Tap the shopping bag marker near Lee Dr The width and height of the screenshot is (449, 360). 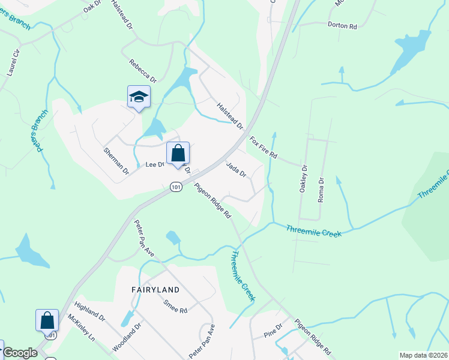pos(178,154)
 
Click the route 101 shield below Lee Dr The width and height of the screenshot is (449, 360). pos(175,187)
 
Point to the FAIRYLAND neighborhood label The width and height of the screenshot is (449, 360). pos(155,289)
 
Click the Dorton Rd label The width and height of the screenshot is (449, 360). pos(343,26)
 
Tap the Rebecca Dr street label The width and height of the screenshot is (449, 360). pos(143,71)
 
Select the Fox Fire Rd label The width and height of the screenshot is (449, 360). pos(263,147)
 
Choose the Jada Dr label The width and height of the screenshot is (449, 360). pos(236,169)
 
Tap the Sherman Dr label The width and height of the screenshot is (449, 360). pos(116,161)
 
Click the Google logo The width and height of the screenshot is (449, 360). pos(20,353)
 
